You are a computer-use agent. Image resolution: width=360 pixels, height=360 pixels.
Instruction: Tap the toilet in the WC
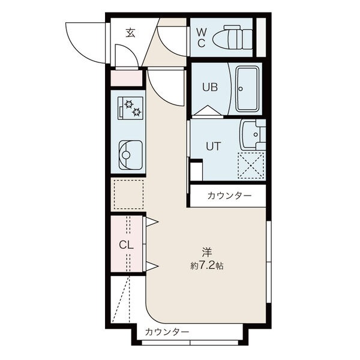coord(235,36)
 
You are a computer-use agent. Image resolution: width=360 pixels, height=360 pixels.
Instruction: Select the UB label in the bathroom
coord(209,87)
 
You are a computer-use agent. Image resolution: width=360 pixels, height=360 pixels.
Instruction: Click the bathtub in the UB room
coord(247,88)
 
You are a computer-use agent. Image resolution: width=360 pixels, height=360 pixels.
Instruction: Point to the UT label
coord(214,145)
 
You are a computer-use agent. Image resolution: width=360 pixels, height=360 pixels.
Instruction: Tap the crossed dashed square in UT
coord(251,165)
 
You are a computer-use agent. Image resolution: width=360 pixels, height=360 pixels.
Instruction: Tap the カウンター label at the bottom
coord(167,332)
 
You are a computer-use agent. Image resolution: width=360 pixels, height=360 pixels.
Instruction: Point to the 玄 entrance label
coord(130,33)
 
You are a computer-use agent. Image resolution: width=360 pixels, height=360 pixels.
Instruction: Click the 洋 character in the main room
coord(207,253)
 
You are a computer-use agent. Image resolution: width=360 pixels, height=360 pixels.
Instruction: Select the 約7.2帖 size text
coord(207,265)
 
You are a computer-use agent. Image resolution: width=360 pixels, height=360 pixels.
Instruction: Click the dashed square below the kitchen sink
coord(128,194)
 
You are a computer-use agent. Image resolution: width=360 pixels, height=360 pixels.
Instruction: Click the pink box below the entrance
coord(126,78)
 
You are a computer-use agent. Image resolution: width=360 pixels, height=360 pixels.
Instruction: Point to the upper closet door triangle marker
coord(151,223)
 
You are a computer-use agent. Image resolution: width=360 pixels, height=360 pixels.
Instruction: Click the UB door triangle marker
coord(206,111)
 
